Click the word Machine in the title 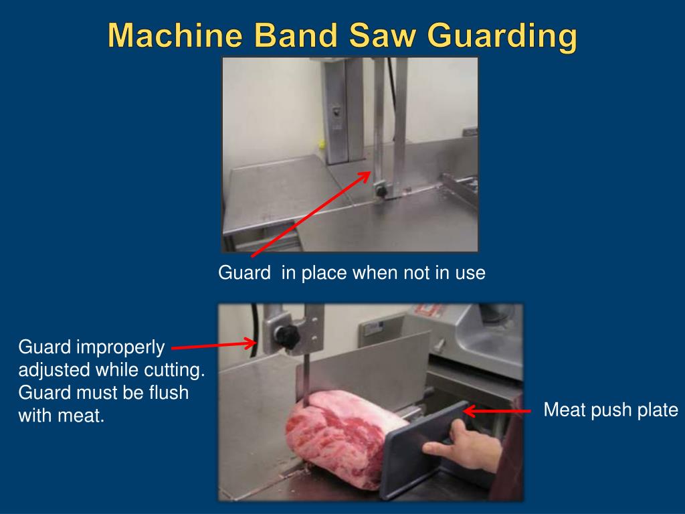click(x=175, y=35)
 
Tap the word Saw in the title click(x=382, y=35)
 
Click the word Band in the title click(x=296, y=35)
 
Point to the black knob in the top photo click(x=381, y=191)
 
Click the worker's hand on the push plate click(x=463, y=446)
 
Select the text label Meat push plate click(x=610, y=410)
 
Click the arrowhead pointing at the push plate click(x=470, y=412)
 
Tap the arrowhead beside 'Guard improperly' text click(x=250, y=343)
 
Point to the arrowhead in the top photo click(x=365, y=176)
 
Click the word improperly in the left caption click(x=120, y=348)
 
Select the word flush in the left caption click(x=168, y=392)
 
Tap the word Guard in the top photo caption click(x=245, y=273)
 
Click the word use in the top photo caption click(x=470, y=274)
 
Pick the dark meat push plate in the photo click(x=419, y=450)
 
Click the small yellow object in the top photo click(x=322, y=145)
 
